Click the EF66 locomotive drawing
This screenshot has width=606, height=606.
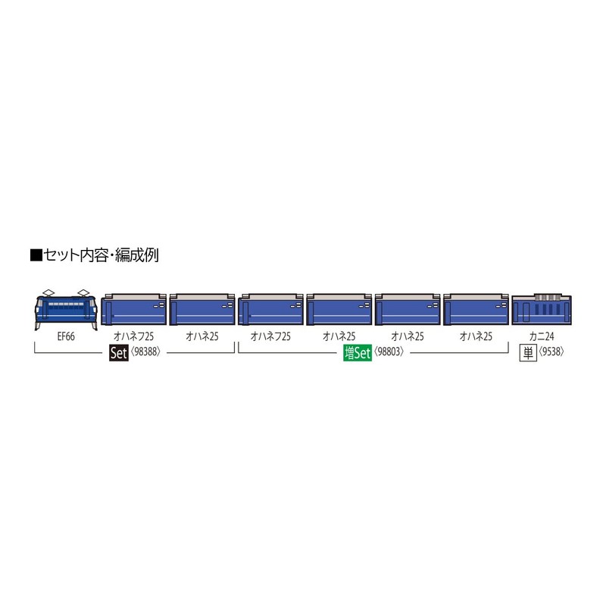point(66,311)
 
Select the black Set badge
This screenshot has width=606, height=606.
point(117,352)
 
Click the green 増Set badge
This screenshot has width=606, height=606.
point(357,353)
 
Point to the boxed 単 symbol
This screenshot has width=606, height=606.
point(527,352)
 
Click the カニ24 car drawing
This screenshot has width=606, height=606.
point(540,311)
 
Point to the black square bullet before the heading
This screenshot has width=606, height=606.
point(35,256)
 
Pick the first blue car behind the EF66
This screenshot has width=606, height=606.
point(133,311)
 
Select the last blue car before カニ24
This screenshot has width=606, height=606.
point(476,311)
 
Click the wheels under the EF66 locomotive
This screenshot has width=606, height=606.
point(66,326)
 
